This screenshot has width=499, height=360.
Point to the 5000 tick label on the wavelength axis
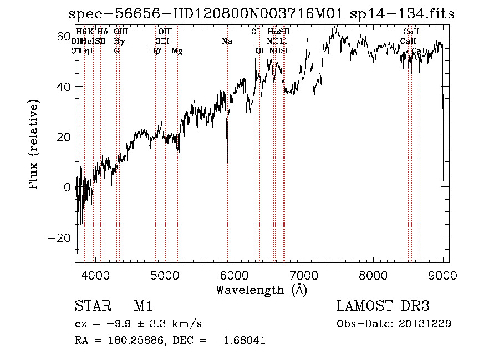[x=165, y=275]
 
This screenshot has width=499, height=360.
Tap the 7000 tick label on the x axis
[x=304, y=275]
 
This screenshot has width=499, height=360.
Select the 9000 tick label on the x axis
[x=443, y=275]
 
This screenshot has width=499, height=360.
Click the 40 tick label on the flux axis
[x=64, y=87]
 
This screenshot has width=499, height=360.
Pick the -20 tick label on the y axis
[x=60, y=237]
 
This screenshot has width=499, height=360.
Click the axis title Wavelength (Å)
[x=261, y=290]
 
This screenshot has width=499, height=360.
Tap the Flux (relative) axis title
[x=35, y=146]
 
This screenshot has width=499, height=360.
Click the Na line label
[x=226, y=41]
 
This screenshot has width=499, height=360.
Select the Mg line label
[x=177, y=51]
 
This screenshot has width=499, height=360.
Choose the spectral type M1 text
[x=143, y=307]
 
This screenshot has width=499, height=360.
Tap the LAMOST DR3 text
[x=383, y=307]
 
